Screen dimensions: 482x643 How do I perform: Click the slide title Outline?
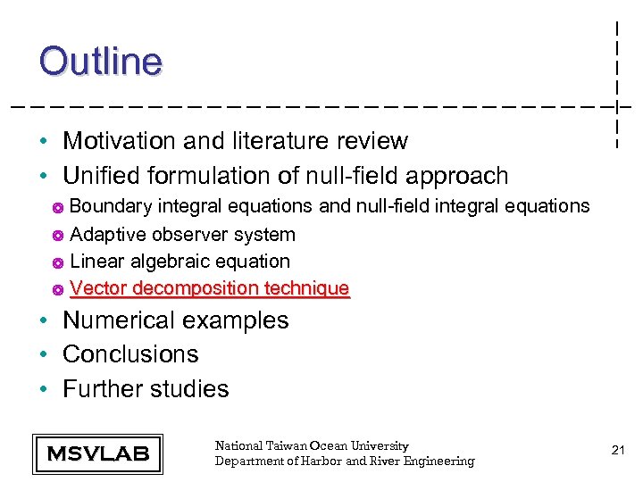[x=100, y=62]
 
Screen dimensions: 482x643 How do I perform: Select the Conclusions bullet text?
[x=130, y=354]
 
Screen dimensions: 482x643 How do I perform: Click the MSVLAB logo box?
[x=97, y=453]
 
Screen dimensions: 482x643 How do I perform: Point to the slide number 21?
[x=617, y=451]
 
